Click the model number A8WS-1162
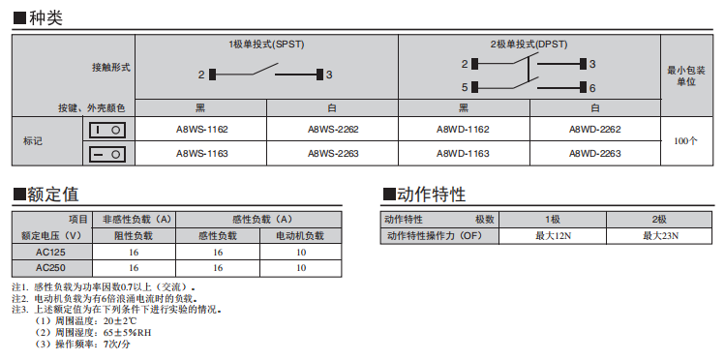click(x=201, y=130)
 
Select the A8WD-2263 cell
click(x=594, y=154)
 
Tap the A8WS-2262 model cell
click(x=333, y=130)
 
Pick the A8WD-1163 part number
click(x=463, y=154)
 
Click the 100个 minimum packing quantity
click(x=685, y=141)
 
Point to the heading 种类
click(x=45, y=18)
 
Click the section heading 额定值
click(x=52, y=195)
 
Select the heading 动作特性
click(x=431, y=195)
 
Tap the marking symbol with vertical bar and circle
click(x=107, y=131)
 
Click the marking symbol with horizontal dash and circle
click(x=107, y=154)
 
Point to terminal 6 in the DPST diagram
click(x=592, y=88)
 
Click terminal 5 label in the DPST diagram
click(x=465, y=87)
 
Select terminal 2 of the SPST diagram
click(x=201, y=75)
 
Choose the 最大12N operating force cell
click(x=554, y=236)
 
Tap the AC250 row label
click(x=50, y=268)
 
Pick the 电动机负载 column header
click(x=300, y=236)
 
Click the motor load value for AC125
click(x=301, y=253)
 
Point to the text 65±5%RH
click(x=127, y=333)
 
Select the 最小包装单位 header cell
click(x=686, y=76)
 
